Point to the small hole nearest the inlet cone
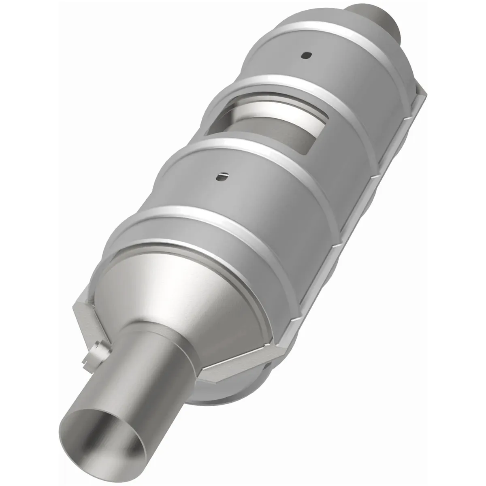[x=222, y=176]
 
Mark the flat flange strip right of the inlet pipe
[x=243, y=360]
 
